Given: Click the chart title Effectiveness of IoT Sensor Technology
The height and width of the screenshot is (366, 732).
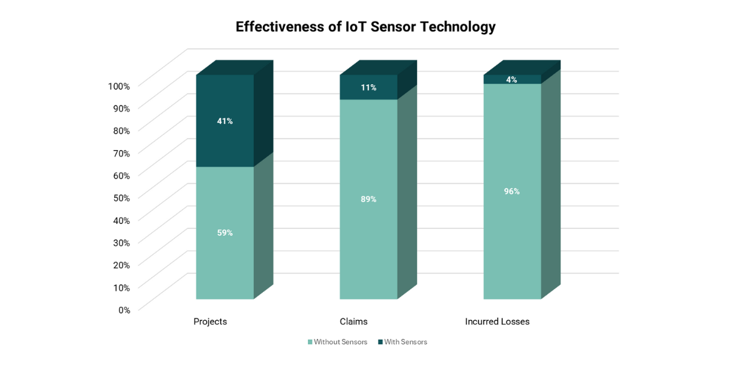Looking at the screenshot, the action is tap(365, 27).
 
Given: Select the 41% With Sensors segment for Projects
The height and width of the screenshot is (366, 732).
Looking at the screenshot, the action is tap(224, 121).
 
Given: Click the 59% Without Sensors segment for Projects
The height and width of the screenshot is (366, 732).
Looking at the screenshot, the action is tap(224, 232).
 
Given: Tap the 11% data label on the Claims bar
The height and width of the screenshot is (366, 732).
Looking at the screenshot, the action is tap(368, 87).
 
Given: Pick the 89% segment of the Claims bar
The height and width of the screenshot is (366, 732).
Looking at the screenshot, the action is tap(368, 199).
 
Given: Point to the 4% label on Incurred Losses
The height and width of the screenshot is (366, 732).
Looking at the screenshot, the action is tap(512, 79).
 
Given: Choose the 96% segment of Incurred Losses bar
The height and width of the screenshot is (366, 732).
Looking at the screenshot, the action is tap(512, 191).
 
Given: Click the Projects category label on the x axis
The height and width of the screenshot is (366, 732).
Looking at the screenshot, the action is tap(210, 321).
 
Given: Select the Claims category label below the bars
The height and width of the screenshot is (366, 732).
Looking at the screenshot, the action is tap(354, 321).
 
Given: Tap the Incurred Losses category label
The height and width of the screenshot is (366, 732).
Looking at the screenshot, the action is tap(497, 321).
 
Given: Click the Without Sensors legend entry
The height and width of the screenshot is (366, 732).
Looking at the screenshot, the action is tap(340, 342).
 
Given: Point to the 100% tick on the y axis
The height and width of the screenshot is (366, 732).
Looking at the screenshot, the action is tap(119, 86).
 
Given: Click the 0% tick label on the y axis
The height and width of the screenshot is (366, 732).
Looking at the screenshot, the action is tap(124, 310).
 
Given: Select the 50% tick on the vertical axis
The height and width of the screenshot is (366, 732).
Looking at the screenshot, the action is tap(121, 198).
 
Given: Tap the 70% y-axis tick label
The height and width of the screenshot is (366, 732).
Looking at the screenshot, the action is tap(121, 153).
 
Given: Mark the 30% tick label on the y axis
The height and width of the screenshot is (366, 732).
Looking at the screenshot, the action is tap(121, 243).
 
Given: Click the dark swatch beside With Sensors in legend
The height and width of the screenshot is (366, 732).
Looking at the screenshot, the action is tap(380, 342).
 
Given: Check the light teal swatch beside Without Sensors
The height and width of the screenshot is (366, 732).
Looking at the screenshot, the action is tap(310, 342).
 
